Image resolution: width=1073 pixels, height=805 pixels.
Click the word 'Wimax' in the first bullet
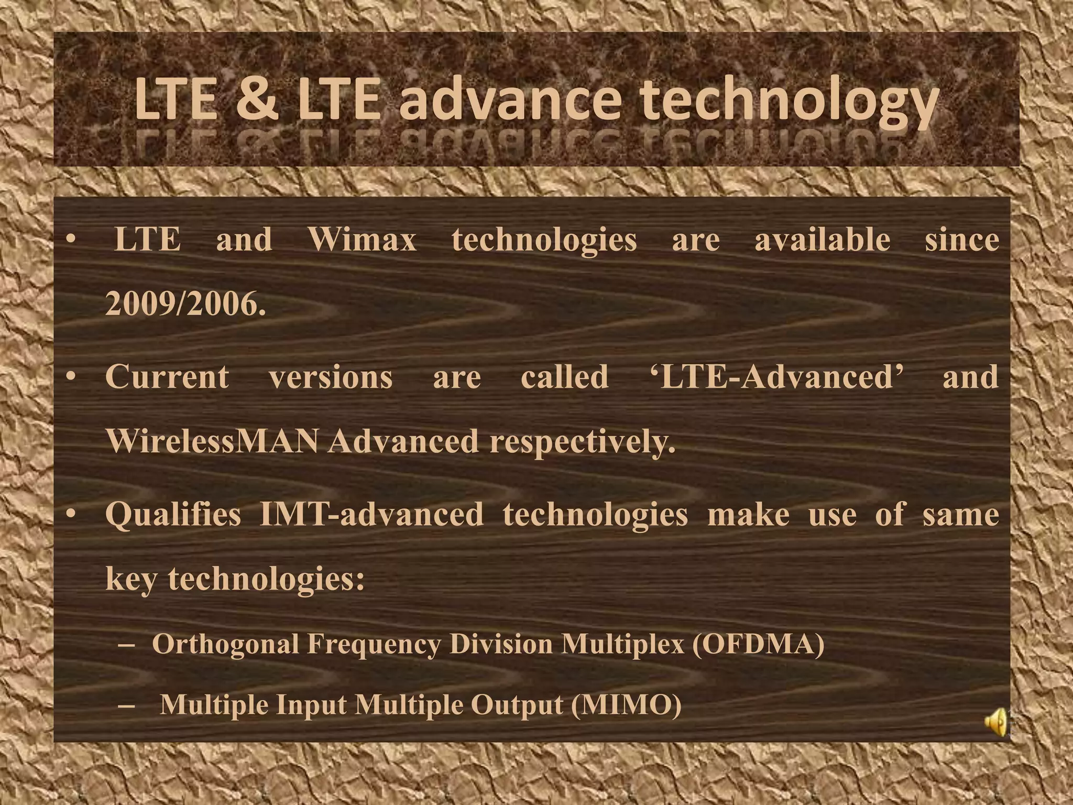pyautogui.click(x=363, y=240)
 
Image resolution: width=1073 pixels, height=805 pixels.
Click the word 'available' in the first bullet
pyautogui.click(x=822, y=240)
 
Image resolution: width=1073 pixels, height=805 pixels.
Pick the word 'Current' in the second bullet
pyautogui.click(x=167, y=377)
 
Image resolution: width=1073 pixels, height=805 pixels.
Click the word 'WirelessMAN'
pyautogui.click(x=212, y=441)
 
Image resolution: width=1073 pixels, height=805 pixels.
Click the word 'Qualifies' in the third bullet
pyautogui.click(x=173, y=515)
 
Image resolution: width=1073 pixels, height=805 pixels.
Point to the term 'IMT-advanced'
pyautogui.click(x=371, y=515)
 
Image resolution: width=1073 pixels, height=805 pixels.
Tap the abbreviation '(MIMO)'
pyautogui.click(x=626, y=705)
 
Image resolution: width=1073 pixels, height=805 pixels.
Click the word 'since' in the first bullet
pyautogui.click(x=962, y=240)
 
